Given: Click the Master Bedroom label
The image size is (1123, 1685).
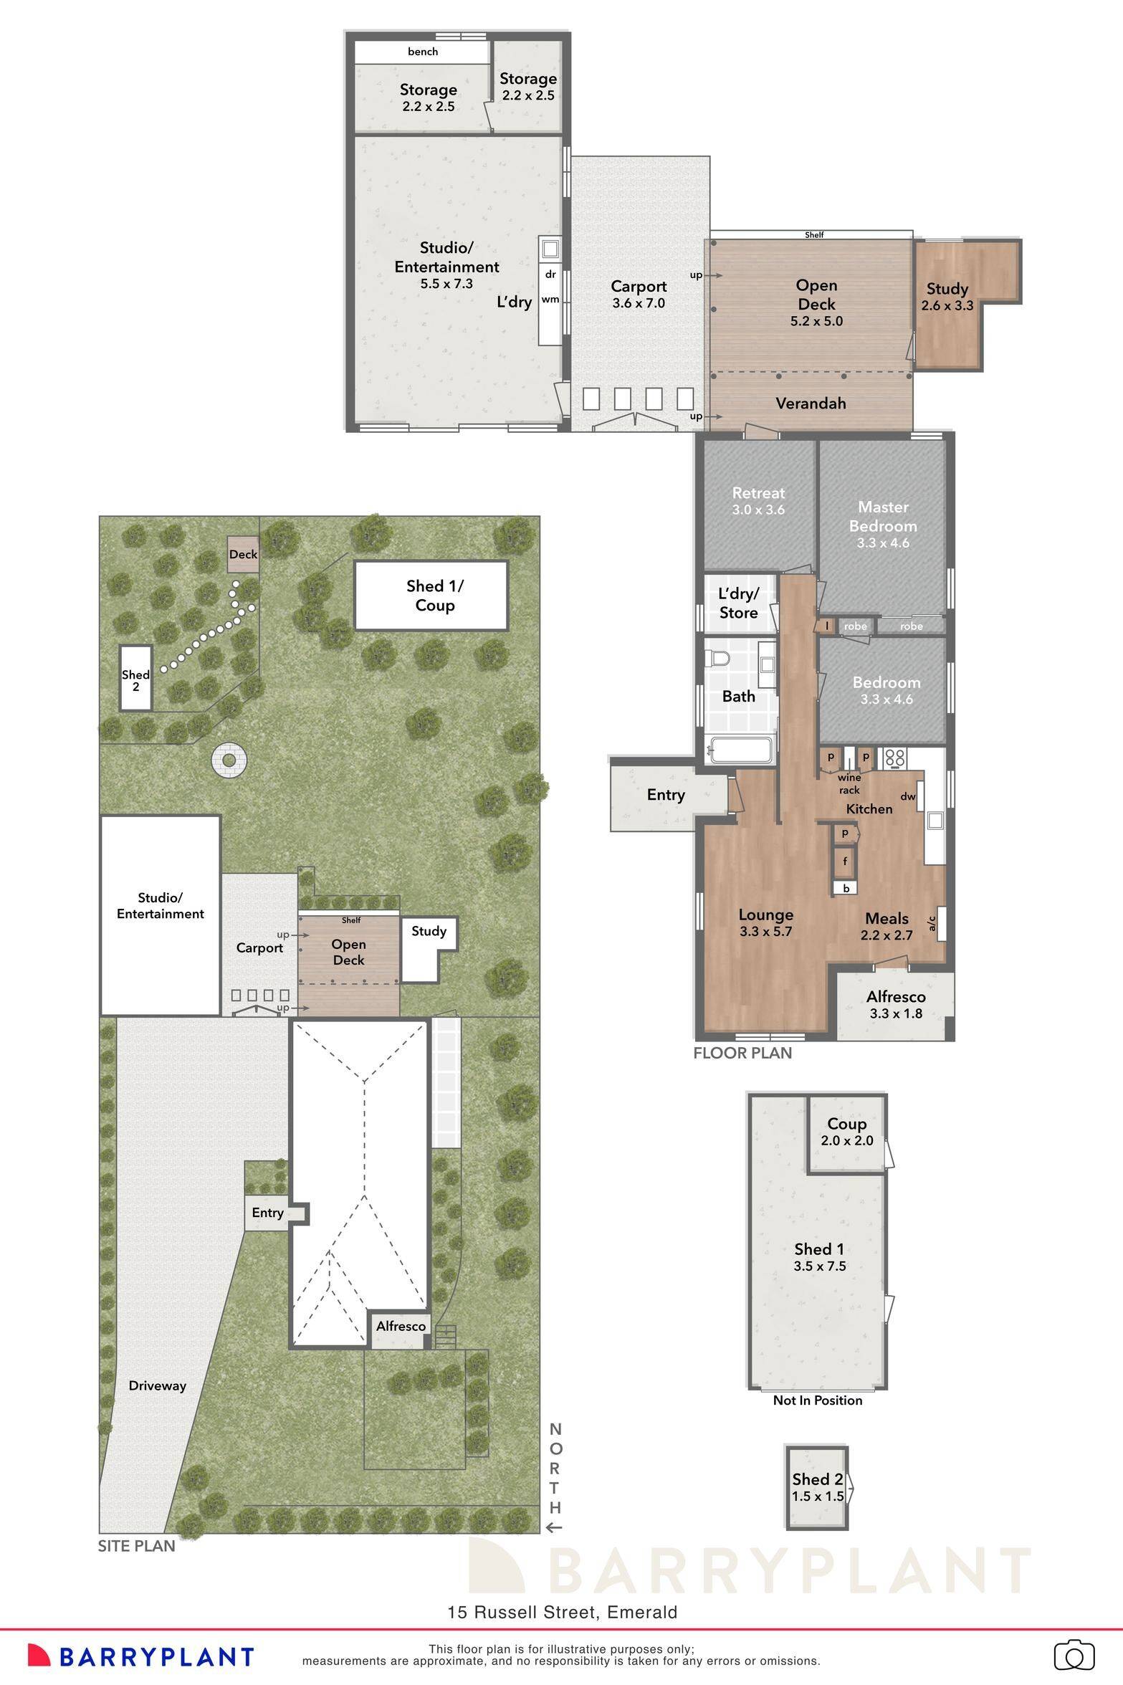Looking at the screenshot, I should pyautogui.click(x=883, y=516).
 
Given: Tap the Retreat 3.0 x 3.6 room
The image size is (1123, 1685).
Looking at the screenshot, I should pyautogui.click(x=758, y=501).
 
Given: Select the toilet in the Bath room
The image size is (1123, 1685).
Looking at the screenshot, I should pyautogui.click(x=717, y=657).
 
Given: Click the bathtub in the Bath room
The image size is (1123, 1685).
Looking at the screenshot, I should pyautogui.click(x=739, y=751).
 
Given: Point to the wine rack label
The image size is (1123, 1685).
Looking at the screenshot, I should pyautogui.click(x=849, y=783).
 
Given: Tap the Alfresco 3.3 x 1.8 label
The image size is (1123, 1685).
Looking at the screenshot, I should pyautogui.click(x=896, y=1004).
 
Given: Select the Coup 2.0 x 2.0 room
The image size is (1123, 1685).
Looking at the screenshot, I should pyautogui.click(x=846, y=1132).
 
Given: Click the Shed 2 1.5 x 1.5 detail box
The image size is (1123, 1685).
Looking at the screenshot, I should pyautogui.click(x=817, y=1488).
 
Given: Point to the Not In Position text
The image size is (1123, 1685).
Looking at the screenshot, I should pyautogui.click(x=818, y=1400).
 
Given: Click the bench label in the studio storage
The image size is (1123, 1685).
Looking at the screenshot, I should pyautogui.click(x=423, y=52).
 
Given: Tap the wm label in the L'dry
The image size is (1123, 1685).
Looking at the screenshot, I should pyautogui.click(x=550, y=299).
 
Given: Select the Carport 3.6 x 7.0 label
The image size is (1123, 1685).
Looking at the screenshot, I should pyautogui.click(x=638, y=294).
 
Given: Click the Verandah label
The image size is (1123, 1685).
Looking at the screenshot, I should pyautogui.click(x=811, y=404).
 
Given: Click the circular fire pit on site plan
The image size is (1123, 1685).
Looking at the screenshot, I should pyautogui.click(x=229, y=760).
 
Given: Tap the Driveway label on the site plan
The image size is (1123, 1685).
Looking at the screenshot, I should pyautogui.click(x=158, y=1385).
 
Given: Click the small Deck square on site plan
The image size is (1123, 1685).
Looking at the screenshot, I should pyautogui.click(x=243, y=554).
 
